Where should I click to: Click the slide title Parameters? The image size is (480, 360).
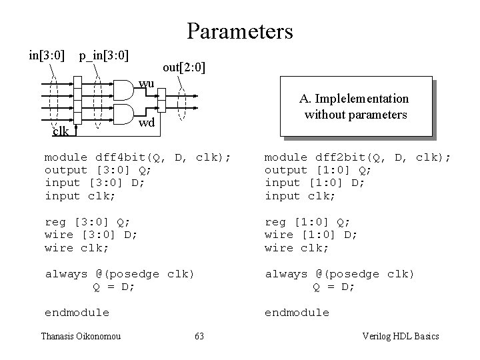click(240, 31)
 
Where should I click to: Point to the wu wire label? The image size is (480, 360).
click(147, 83)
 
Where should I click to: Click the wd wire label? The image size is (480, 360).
click(147, 123)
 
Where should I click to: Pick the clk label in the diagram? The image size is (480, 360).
click(61, 131)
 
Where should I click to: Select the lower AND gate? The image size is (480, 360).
click(125, 113)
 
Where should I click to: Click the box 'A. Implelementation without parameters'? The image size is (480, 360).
click(354, 107)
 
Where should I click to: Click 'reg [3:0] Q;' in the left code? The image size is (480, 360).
click(87, 222)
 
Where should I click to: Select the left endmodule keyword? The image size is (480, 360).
click(77, 313)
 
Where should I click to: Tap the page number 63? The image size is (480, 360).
click(199, 336)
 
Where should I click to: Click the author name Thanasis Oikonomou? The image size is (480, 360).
click(80, 336)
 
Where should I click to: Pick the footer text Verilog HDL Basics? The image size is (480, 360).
click(399, 336)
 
